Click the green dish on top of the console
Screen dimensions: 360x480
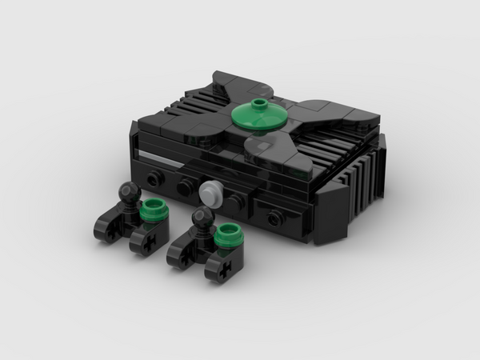259,117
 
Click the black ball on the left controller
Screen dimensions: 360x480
126,192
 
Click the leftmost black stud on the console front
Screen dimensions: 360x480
153,174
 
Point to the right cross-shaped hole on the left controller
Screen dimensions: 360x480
148,240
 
